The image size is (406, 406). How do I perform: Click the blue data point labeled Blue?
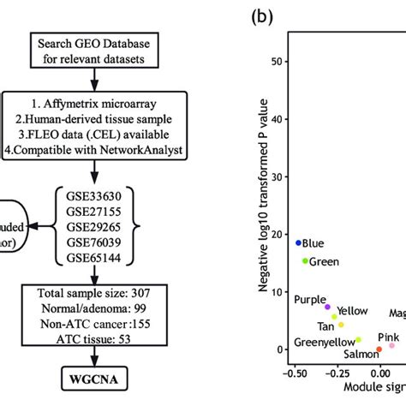click(299, 242)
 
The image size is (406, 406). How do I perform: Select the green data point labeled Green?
click(305, 260)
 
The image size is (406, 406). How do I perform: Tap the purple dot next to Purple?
click(327, 306)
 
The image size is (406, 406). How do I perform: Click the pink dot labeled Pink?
click(391, 345)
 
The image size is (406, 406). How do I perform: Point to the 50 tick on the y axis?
click(276, 62)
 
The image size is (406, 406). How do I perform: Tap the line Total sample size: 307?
click(96, 295)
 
